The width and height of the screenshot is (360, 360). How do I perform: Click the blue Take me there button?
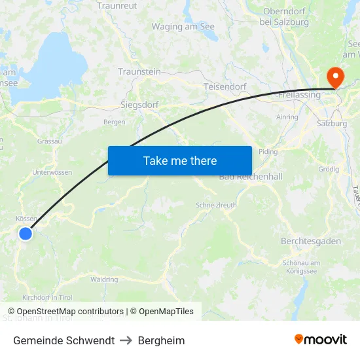click(179, 160)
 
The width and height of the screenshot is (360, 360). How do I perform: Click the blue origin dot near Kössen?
click(25, 234)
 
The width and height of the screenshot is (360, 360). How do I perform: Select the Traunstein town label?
click(139, 71)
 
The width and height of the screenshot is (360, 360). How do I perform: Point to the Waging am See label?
click(183, 27)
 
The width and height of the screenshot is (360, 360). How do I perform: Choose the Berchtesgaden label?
click(311, 241)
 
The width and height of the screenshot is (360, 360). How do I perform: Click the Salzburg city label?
click(331, 123)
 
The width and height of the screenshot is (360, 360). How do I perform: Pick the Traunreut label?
click(117, 6)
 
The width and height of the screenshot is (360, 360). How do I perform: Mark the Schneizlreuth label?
click(217, 205)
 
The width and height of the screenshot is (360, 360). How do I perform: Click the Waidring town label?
click(104, 279)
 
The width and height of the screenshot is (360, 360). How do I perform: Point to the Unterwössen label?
click(52, 172)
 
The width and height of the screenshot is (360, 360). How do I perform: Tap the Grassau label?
click(50, 141)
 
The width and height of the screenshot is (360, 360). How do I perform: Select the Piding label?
click(268, 151)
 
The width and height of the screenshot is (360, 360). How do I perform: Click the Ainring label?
click(287, 117)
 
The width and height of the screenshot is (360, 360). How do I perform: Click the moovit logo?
click(321, 340)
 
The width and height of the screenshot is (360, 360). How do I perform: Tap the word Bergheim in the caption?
click(161, 340)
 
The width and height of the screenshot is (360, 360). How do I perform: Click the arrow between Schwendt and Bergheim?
click(126, 340)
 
